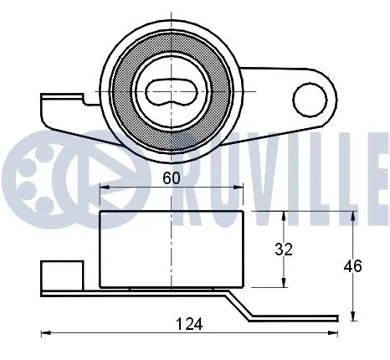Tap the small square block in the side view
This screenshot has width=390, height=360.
pos(61,275)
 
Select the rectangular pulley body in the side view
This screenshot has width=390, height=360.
pos(172,249)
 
